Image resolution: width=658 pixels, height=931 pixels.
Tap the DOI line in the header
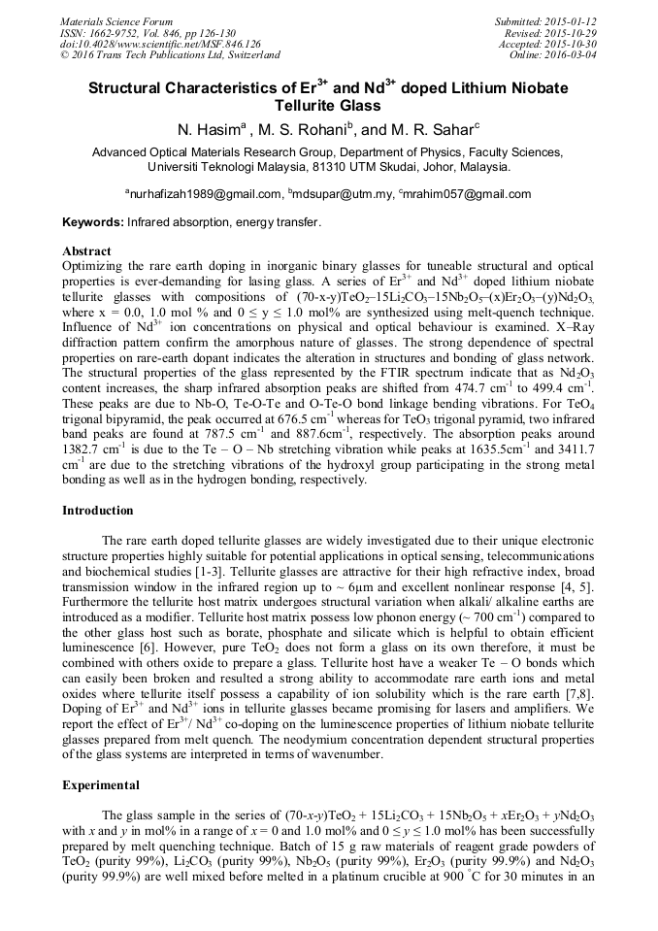coord(160,44)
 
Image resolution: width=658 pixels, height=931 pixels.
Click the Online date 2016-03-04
coord(573,55)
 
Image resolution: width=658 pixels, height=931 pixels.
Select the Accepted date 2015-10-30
coord(572,44)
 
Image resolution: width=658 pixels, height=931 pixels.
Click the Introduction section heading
coord(98,511)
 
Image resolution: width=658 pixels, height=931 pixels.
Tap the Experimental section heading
coord(101,785)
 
